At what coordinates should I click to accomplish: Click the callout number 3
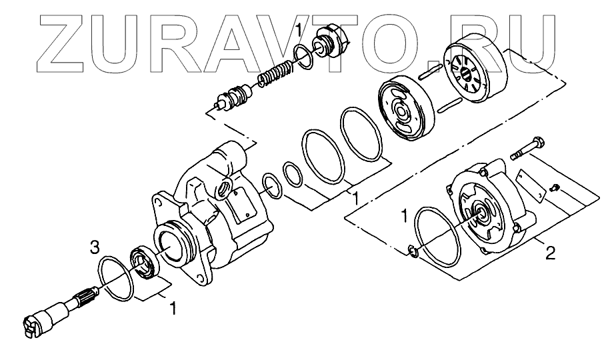[95, 247]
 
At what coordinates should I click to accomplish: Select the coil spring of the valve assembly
[275, 74]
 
